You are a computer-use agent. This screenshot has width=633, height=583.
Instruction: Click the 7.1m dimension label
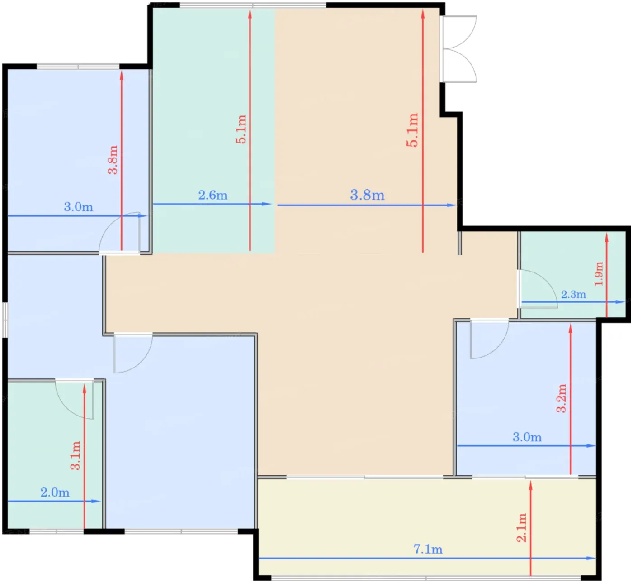(x=428, y=550)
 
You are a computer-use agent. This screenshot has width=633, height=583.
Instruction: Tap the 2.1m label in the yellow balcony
(x=522, y=527)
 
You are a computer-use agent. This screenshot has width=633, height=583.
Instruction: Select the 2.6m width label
(x=213, y=195)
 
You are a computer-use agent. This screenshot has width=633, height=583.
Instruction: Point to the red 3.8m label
(x=113, y=160)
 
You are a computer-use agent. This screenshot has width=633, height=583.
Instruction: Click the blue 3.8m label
(x=367, y=195)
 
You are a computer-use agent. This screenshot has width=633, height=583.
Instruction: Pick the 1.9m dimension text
(x=599, y=274)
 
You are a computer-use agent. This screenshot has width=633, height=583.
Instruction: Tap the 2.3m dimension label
(x=573, y=295)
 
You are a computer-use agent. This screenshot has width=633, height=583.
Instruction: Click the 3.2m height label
(x=562, y=398)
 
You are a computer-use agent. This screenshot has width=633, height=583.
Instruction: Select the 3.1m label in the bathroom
(x=76, y=455)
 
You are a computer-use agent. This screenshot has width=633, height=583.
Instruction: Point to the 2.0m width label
(x=55, y=492)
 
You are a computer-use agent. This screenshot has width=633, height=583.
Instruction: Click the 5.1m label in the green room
(x=241, y=129)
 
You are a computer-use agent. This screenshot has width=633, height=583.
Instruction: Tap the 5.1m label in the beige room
(x=412, y=130)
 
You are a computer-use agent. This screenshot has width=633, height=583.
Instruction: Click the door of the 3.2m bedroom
(x=489, y=339)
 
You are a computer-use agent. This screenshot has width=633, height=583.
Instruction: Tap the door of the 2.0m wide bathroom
(x=75, y=399)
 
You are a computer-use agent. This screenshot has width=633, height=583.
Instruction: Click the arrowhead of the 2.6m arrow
(x=267, y=204)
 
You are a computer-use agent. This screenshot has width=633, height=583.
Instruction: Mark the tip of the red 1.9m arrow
(x=606, y=234)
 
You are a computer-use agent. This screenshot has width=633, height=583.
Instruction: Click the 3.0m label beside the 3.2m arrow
(x=527, y=437)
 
